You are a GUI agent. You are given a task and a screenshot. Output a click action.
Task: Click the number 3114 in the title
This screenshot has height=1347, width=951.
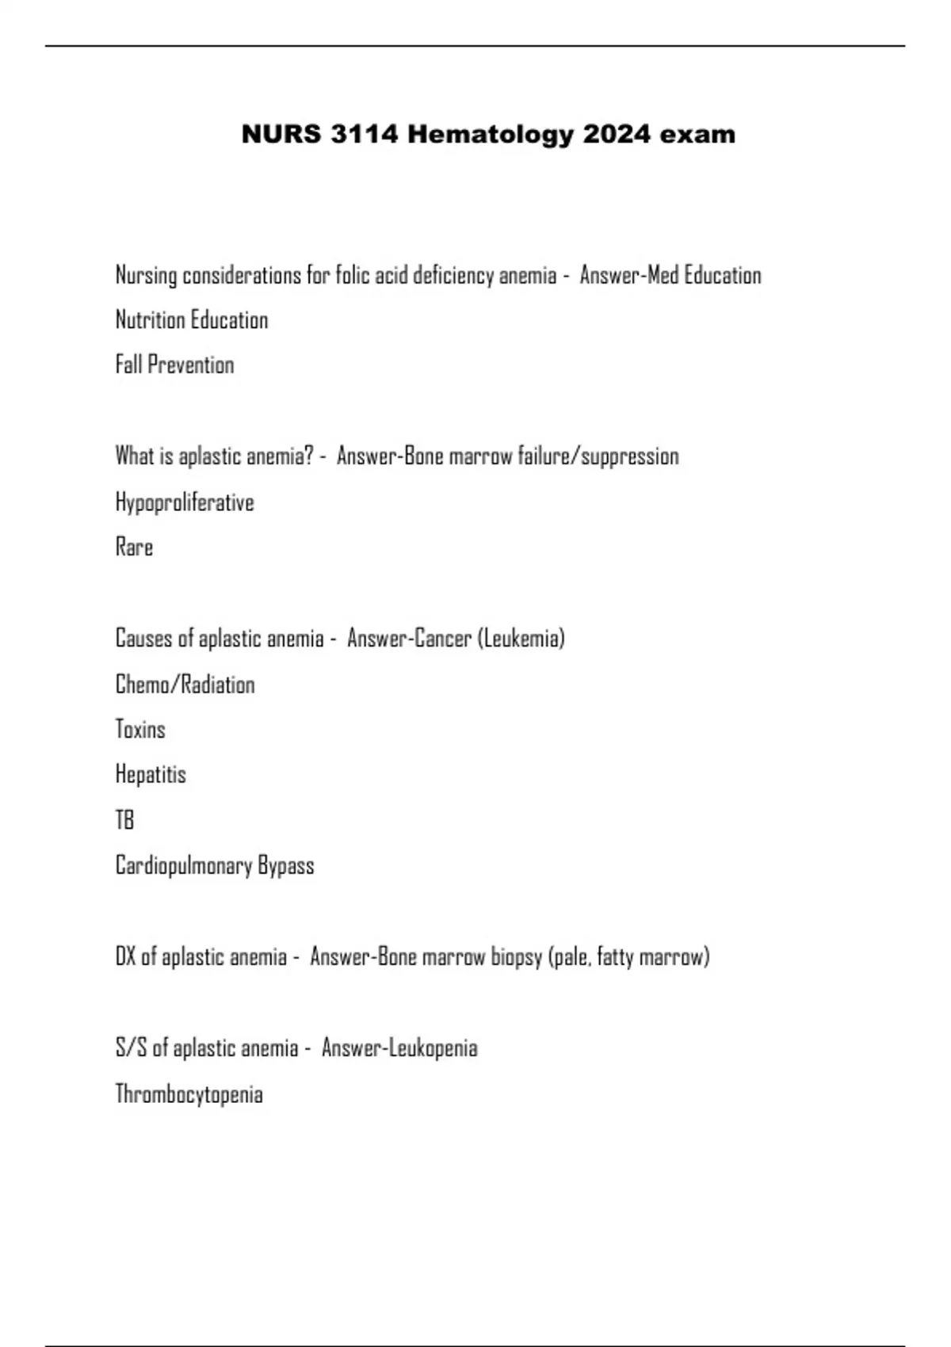click(364, 135)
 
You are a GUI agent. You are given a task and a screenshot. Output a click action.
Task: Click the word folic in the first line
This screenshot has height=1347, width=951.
click(351, 276)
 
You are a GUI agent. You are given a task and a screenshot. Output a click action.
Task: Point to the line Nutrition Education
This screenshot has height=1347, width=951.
click(192, 320)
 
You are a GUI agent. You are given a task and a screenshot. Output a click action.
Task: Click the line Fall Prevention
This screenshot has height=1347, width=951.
click(174, 365)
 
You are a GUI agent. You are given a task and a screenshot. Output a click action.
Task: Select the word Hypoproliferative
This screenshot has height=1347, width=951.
click(185, 502)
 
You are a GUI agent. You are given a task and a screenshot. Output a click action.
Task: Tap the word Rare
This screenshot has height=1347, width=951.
click(134, 548)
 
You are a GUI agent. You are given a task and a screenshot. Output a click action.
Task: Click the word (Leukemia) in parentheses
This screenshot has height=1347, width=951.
click(521, 639)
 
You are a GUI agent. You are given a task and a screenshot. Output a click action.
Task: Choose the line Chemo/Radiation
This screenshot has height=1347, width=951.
click(185, 685)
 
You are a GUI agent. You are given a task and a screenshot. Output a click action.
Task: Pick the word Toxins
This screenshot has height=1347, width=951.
click(140, 730)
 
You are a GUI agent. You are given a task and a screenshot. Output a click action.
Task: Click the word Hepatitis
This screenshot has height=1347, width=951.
click(151, 775)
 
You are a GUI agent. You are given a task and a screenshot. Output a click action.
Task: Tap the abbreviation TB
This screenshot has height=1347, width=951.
click(124, 820)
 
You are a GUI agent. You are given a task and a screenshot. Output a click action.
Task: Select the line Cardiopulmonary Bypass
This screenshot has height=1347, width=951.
click(215, 865)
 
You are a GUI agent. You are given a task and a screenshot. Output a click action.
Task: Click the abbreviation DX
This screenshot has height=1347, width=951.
click(125, 957)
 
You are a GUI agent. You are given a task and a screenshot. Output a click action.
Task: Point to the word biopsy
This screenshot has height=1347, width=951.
click(516, 957)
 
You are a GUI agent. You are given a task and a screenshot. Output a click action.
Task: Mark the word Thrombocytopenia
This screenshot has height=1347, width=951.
click(189, 1094)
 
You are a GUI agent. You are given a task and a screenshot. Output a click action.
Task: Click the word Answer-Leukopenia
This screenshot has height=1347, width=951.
click(399, 1048)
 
